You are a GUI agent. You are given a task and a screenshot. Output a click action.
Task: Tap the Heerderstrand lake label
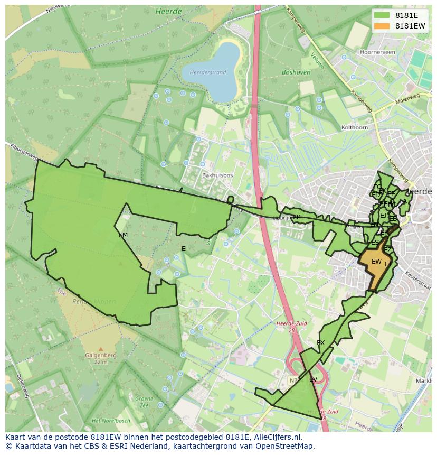pyautogui.click(x=207, y=72)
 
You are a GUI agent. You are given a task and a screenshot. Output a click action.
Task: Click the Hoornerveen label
pyautogui.click(x=376, y=52)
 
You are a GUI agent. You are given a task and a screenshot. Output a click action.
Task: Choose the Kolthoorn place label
pyautogui.click(x=355, y=127)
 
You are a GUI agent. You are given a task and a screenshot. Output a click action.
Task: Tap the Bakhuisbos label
pyautogui.click(x=215, y=174)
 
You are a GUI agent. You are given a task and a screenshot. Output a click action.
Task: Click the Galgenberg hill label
pyautogui.click(x=100, y=356)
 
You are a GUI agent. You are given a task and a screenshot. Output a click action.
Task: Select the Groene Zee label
pyautogui.click(x=144, y=402)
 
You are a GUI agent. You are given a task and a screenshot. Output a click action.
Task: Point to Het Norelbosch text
pyautogui.click(x=110, y=421)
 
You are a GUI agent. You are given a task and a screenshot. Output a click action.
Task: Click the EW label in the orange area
pyautogui.click(x=376, y=262)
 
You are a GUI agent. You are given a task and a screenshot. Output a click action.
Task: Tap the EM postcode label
pyautogui.click(x=123, y=235)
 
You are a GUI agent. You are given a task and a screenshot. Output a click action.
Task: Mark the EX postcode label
pyautogui.click(x=320, y=343)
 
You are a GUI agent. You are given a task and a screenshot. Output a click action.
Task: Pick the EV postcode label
pyautogui.click(x=313, y=379)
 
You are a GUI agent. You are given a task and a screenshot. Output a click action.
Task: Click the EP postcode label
pyautogui.click(x=297, y=217)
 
